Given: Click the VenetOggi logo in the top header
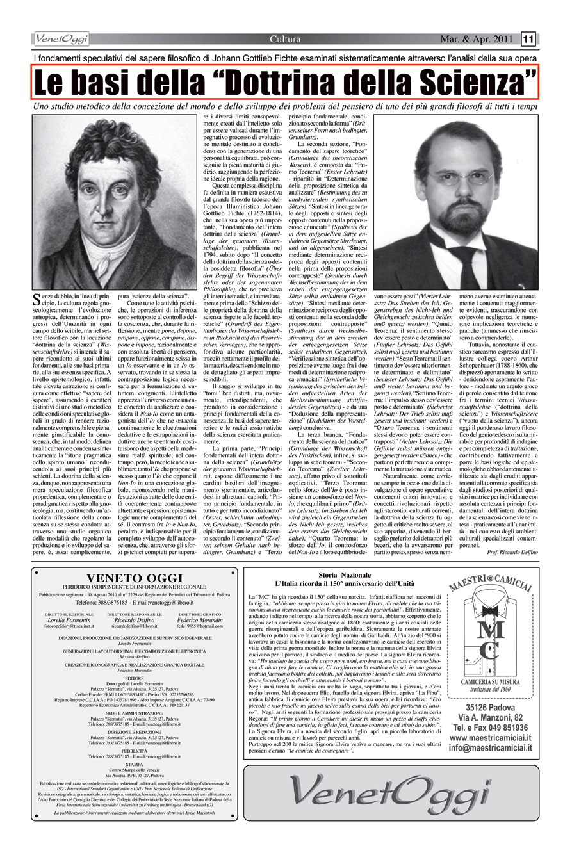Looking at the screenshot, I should point(63,40).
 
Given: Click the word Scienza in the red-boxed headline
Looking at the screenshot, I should point(471,81).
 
